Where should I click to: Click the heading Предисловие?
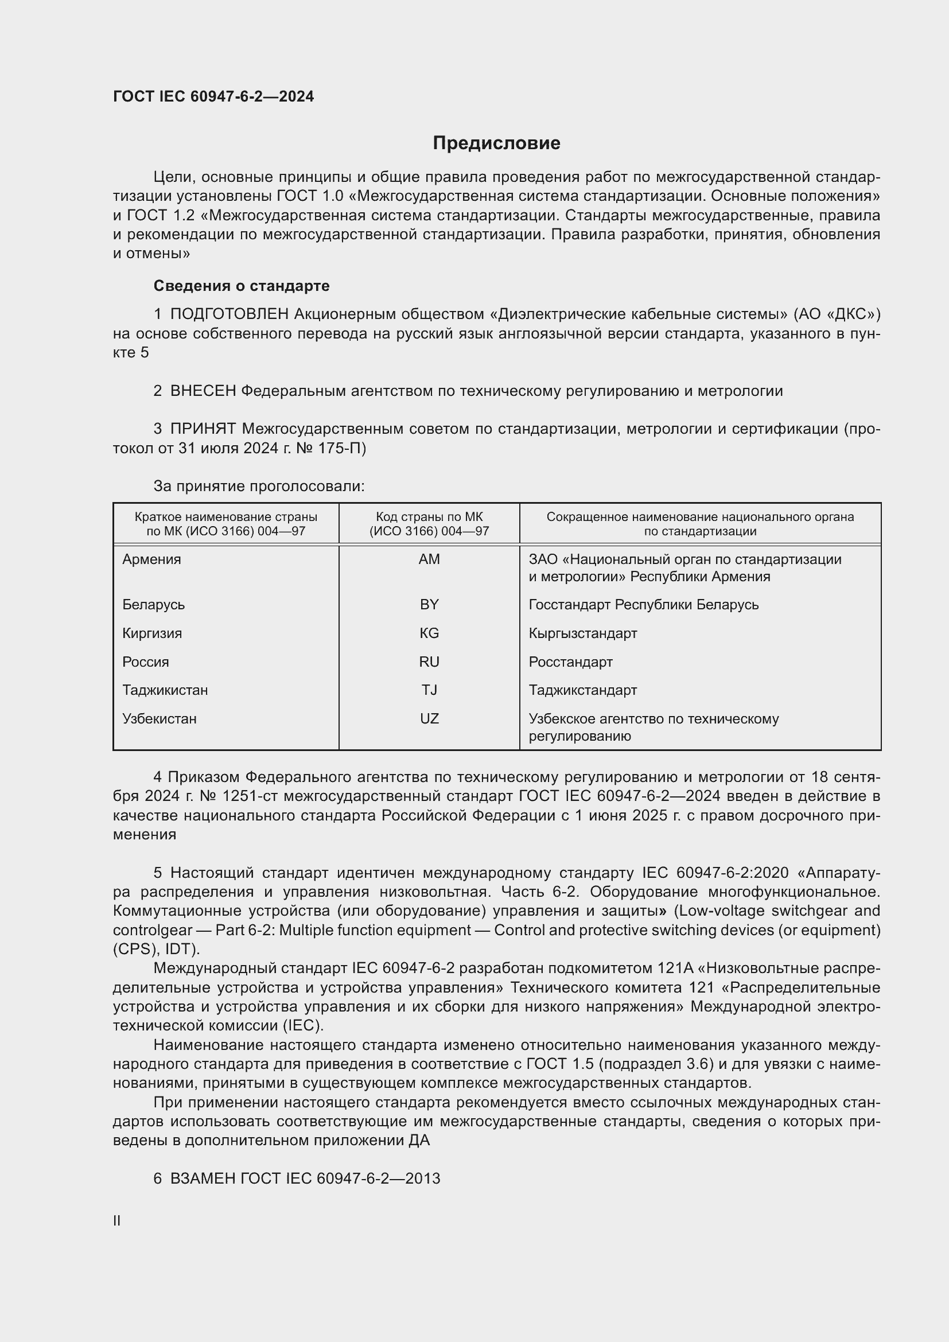[x=496, y=143]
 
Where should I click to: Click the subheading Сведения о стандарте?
[x=242, y=286]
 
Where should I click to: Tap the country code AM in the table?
[x=429, y=559]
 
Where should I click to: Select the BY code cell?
[x=429, y=604]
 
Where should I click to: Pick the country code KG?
[x=429, y=633]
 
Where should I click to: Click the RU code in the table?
[x=429, y=662]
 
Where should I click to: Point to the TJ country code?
[x=429, y=690]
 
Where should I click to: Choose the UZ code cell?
[x=429, y=719]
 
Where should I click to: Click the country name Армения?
[x=151, y=559]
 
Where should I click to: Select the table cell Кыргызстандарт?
[x=582, y=633]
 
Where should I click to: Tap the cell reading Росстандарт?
[x=570, y=662]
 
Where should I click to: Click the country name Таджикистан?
[x=165, y=690]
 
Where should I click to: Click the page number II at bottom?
[x=117, y=1220]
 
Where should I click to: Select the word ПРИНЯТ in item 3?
[x=203, y=429]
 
